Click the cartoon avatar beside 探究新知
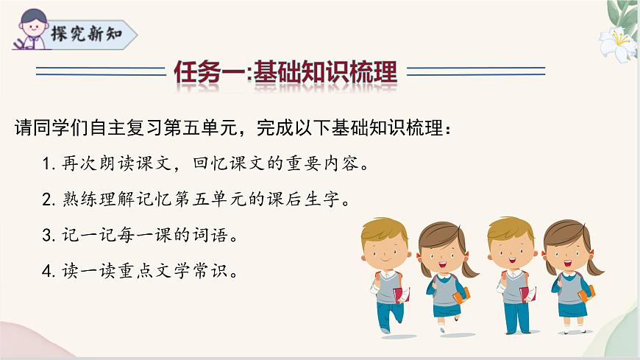(29, 28)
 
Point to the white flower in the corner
(616, 44)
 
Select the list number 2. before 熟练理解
(49, 200)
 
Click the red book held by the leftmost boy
(399, 295)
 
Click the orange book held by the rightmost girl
(586, 294)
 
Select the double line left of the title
(101, 71)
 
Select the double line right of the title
(476, 71)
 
